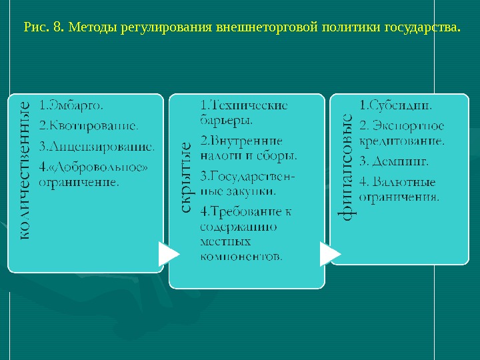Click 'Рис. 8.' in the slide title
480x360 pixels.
[43, 28]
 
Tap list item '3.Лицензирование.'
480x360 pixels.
[97, 146]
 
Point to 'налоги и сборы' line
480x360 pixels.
[248, 156]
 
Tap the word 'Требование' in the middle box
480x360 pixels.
[247, 212]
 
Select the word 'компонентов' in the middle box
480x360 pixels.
[241, 256]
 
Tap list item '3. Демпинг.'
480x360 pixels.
[394, 161]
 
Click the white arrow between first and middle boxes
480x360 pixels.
[168, 254]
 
